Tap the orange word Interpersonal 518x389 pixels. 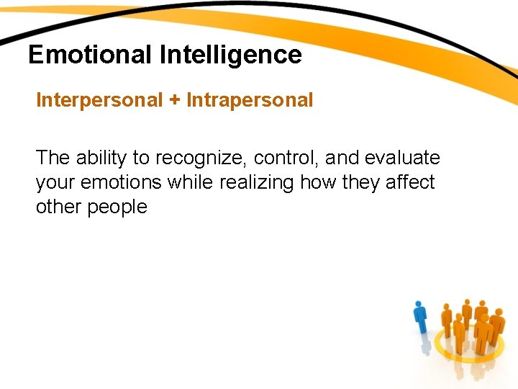[x=100, y=100]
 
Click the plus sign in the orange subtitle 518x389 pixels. [x=175, y=100]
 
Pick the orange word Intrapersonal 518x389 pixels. [x=250, y=100]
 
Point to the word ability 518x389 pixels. [x=100, y=158]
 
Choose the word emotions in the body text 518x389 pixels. [x=121, y=182]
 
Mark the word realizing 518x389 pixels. [x=257, y=182]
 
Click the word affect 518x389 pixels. [x=409, y=182]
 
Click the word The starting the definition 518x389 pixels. [x=52, y=158]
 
